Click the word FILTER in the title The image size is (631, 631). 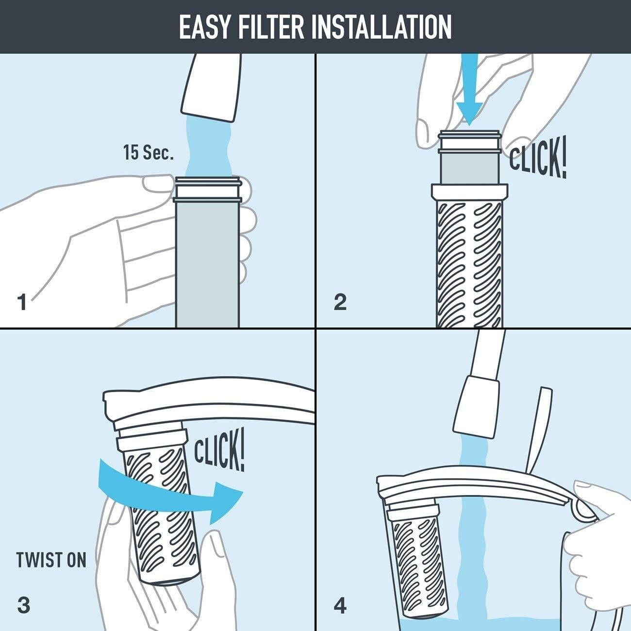tap(274, 27)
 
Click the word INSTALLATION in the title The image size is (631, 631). tap(384, 27)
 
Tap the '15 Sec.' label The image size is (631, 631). tap(148, 153)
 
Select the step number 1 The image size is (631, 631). tap(22, 302)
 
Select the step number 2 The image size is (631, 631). tap(340, 302)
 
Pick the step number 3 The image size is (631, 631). tap(23, 605)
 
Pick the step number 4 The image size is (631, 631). tap(340, 606)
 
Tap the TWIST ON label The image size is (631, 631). tap(51, 560)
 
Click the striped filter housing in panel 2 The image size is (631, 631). tap(469, 262)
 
